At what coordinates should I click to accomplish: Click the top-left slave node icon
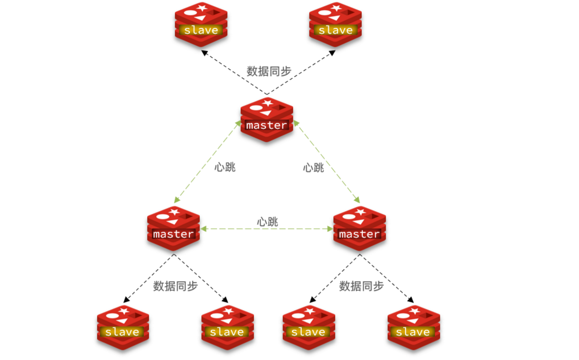pos(201,24)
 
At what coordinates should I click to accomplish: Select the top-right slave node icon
pos(335,24)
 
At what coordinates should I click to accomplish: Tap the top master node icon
pos(267,120)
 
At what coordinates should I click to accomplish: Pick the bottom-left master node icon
pos(173,228)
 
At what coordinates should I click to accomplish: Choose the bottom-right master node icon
pos(359,228)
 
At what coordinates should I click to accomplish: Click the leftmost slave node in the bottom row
pos(123,327)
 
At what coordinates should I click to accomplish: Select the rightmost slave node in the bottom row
pos(414,327)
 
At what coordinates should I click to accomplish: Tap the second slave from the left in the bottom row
pos(227,327)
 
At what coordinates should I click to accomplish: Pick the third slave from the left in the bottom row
pos(309,327)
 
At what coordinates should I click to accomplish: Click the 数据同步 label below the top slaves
pos(269,71)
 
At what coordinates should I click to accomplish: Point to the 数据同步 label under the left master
pos(175,286)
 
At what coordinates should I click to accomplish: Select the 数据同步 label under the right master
pos(361,286)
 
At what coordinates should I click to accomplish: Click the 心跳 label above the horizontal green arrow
pos(267,222)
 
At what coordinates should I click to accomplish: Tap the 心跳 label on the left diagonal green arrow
pos(225,167)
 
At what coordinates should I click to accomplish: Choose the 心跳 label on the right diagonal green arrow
pos(314,168)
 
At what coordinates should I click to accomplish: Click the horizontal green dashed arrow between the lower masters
pos(267,229)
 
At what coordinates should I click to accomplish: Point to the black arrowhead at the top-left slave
pos(205,53)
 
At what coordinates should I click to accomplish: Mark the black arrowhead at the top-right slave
pos(332,53)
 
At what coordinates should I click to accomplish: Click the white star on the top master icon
pos(268,103)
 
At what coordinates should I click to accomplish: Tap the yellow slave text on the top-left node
pos(201,30)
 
